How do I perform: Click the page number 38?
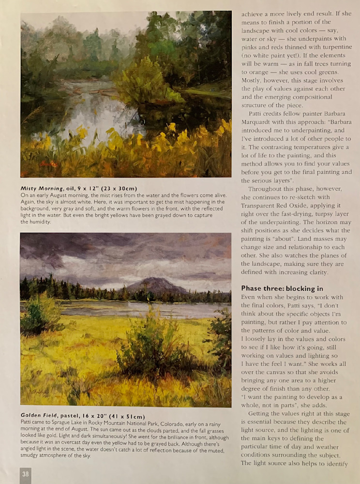click(25, 473)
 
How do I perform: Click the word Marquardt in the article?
click(260, 122)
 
